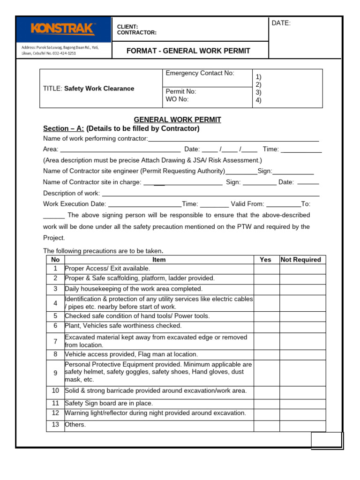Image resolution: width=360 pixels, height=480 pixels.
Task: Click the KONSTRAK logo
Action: (63, 30)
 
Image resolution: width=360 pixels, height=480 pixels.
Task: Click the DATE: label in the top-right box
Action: (281, 23)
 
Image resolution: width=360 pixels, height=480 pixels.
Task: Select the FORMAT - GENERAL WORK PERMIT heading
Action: (188, 51)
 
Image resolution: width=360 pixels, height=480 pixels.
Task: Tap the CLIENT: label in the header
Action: (127, 27)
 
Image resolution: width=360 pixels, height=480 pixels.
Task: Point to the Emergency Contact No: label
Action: (200, 73)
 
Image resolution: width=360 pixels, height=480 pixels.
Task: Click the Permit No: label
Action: (181, 91)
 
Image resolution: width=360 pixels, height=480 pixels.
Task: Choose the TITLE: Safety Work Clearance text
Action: (89, 88)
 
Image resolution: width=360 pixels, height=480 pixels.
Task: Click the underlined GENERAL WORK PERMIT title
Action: (178, 120)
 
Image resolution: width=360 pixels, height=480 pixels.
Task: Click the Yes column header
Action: (265, 259)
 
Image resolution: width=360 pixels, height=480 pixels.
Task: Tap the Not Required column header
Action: (300, 259)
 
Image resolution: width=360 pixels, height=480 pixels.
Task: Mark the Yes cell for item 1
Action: (266, 269)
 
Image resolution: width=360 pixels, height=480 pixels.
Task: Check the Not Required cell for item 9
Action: (302, 372)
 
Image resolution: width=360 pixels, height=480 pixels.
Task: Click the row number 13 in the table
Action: (55, 425)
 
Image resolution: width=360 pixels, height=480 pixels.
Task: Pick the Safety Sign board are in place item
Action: (109, 403)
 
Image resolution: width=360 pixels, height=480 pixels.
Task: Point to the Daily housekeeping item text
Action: (134, 289)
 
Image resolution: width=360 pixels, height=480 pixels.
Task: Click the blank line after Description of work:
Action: (210, 194)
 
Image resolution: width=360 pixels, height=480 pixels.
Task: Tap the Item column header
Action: (159, 259)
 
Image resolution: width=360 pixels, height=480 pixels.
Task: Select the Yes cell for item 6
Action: (266, 326)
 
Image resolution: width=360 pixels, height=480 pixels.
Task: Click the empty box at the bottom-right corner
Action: (327, 440)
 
